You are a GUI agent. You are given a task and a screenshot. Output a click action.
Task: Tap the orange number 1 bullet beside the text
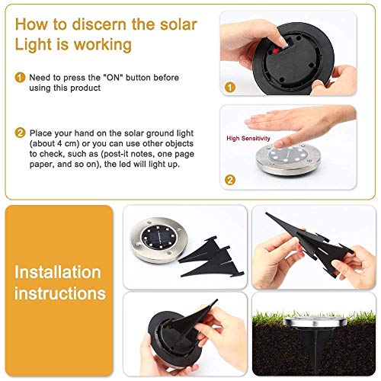pyautogui.click(x=19, y=77)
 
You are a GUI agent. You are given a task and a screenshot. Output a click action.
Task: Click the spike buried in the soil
pyautogui.click(x=314, y=350)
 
